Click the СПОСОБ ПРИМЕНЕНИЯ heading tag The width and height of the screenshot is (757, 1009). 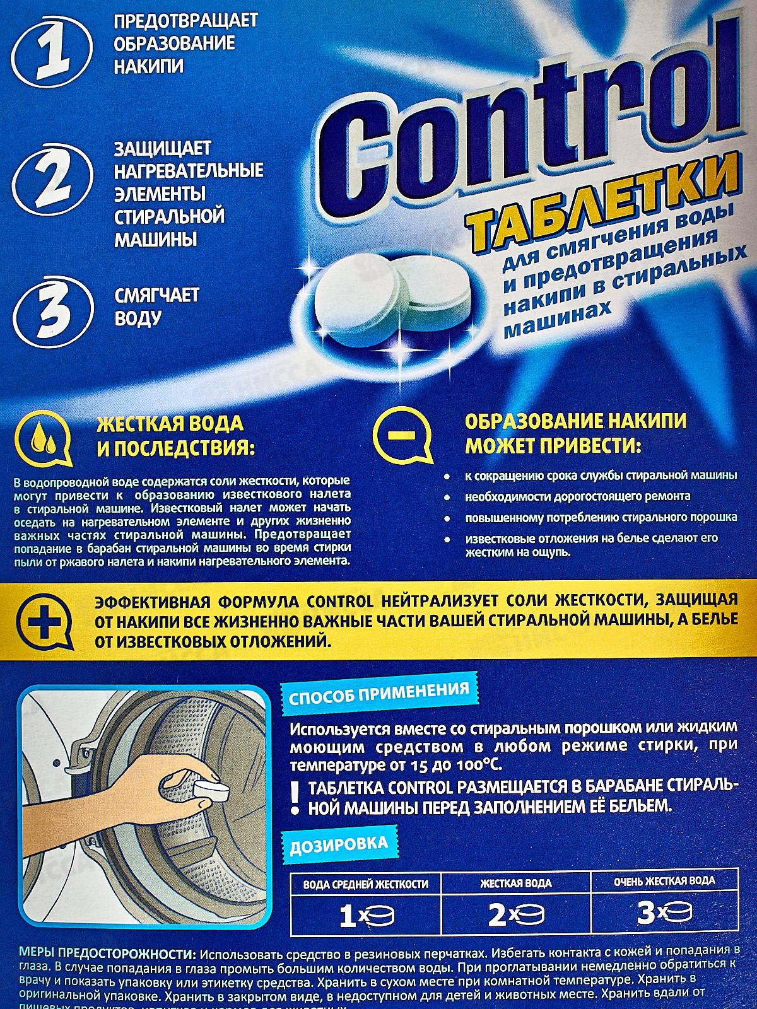tap(378, 688)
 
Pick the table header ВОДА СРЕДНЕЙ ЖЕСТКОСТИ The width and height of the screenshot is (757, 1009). tap(366, 884)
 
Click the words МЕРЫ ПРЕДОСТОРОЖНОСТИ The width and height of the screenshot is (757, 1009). tap(101, 952)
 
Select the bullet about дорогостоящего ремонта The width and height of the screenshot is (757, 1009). tap(577, 496)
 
